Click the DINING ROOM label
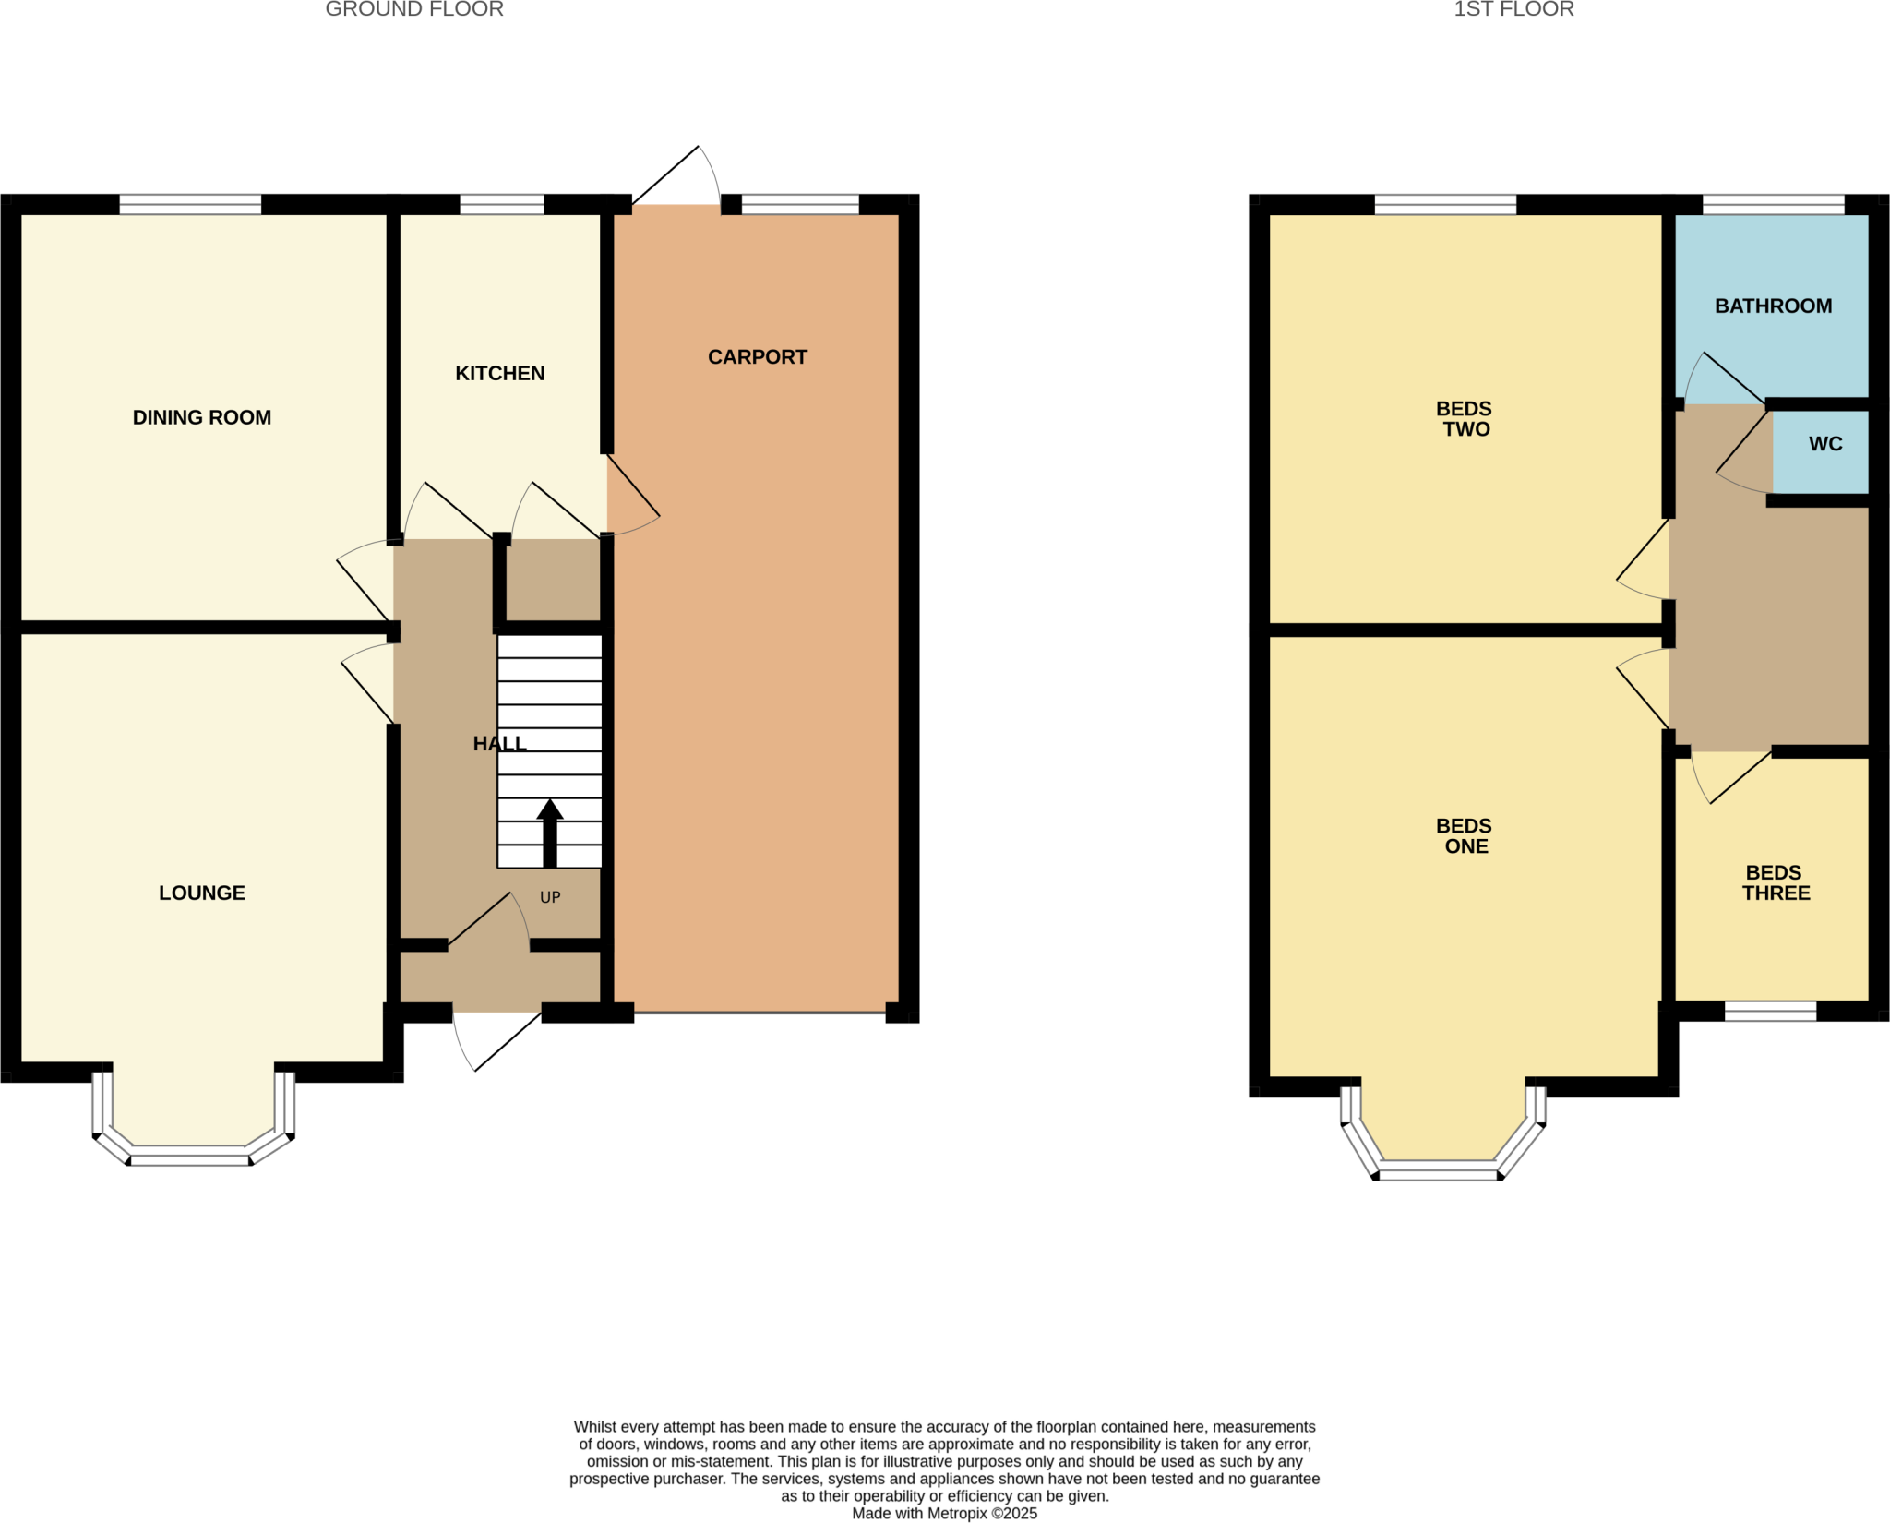(201, 417)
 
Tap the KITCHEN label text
(499, 373)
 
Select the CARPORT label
(757, 357)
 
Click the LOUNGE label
(201, 893)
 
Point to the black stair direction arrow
(550, 833)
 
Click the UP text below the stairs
(550, 897)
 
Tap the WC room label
(1824, 444)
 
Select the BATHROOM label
(1773, 306)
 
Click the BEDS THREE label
(1775, 882)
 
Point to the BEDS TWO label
(1465, 418)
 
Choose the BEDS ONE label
(1465, 835)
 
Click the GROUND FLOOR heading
(414, 10)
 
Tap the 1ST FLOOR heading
(1513, 10)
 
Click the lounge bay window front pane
(189, 1156)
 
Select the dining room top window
(190, 204)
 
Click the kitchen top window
(501, 204)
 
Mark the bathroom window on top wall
(1773, 204)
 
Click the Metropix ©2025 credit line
(944, 1514)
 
